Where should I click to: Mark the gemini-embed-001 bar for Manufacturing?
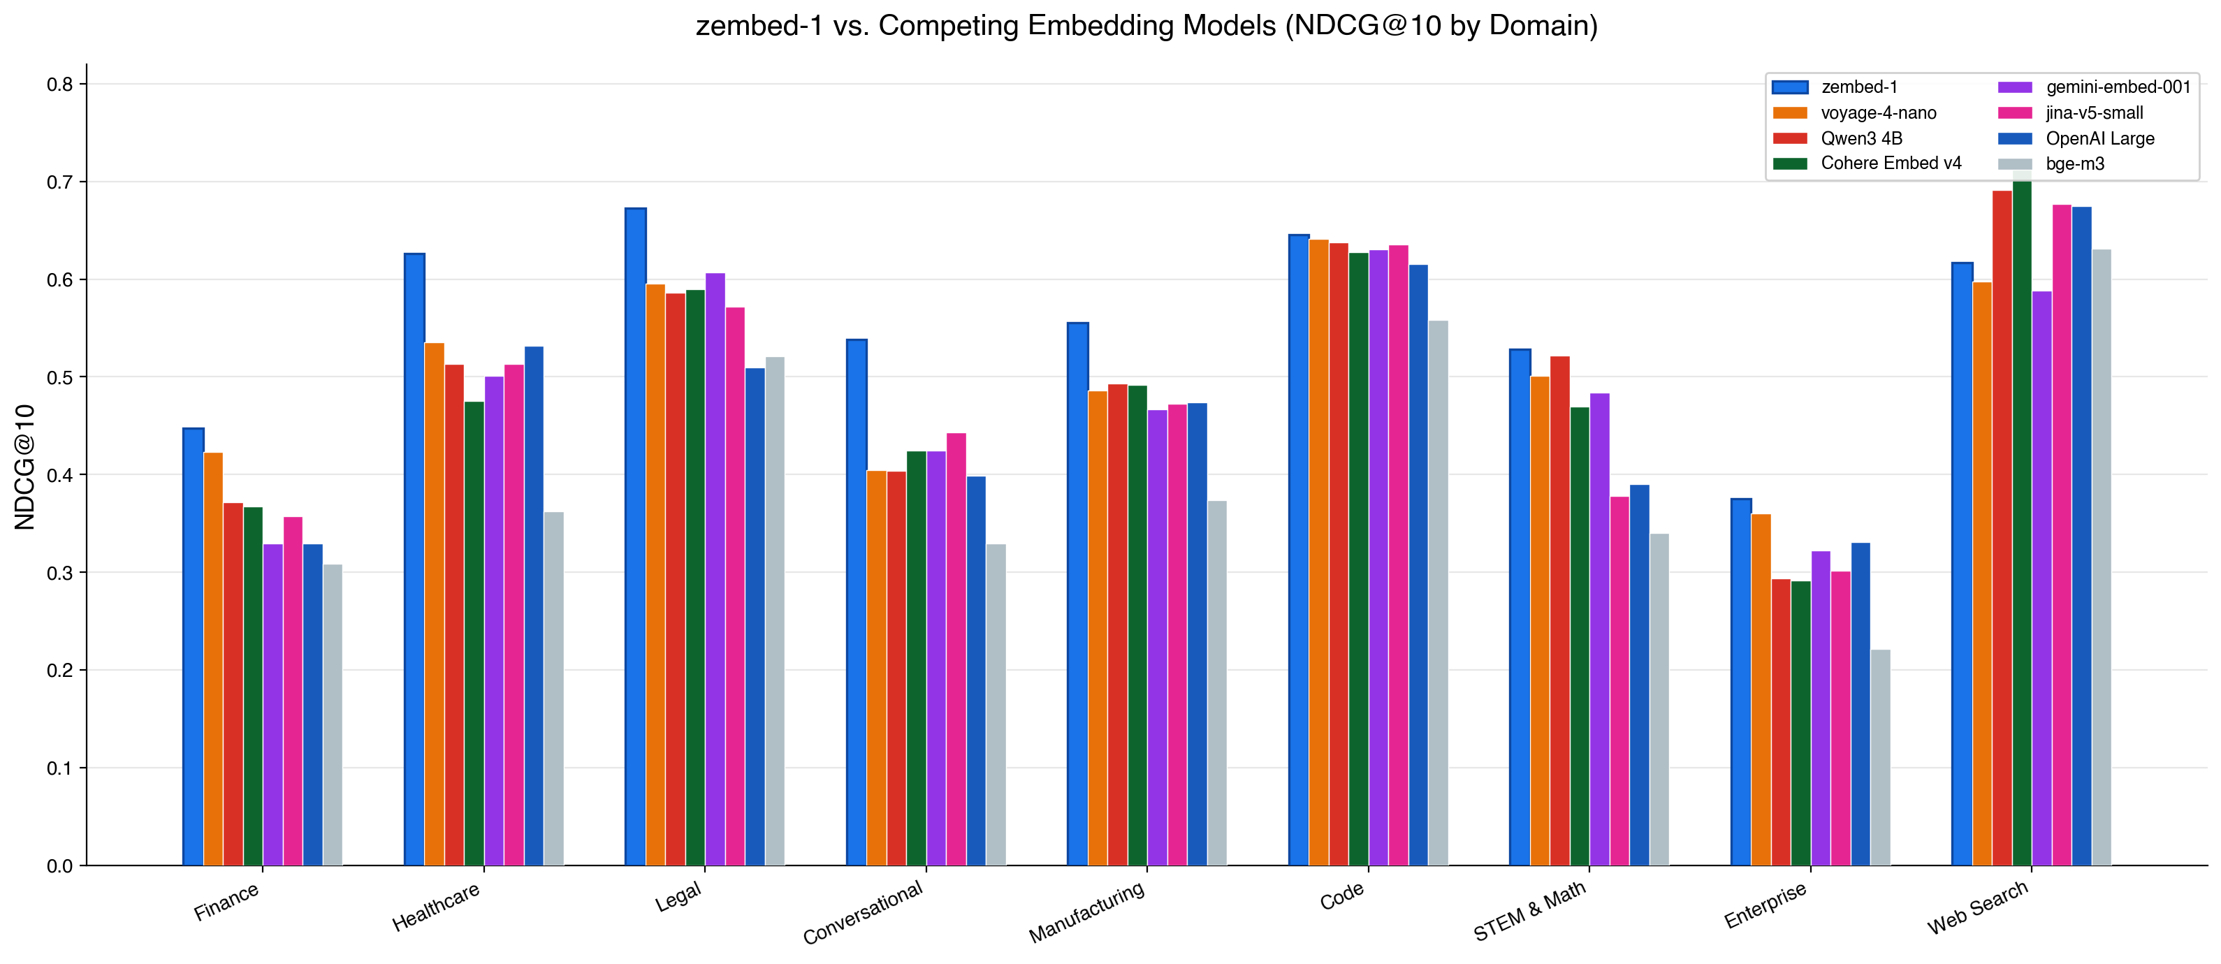1157,637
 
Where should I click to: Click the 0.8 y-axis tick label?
59,85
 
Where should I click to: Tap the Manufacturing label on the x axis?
1086,912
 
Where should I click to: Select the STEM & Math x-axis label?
1529,912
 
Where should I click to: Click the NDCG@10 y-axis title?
24,467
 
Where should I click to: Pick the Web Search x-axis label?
1978,909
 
